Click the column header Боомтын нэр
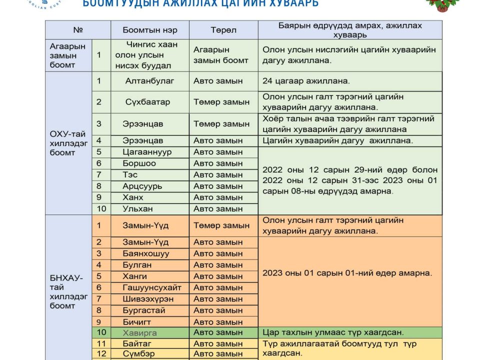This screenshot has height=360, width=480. [150, 30]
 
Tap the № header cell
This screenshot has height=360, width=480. [77, 30]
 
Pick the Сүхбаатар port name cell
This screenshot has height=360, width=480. [147, 102]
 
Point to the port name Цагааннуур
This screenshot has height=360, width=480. [147, 152]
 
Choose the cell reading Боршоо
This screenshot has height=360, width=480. [139, 163]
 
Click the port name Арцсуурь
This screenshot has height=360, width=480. [142, 186]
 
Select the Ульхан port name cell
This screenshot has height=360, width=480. [138, 208]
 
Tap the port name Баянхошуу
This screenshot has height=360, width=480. [146, 253]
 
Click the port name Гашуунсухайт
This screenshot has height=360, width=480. [152, 287]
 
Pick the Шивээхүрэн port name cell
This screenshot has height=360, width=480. [148, 299]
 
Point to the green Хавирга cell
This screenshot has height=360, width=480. [140, 332]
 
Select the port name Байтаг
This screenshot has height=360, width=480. [137, 343]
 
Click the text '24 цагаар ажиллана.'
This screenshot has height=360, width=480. [306, 81]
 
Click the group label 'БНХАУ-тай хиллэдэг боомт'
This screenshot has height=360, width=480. [67, 292]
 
